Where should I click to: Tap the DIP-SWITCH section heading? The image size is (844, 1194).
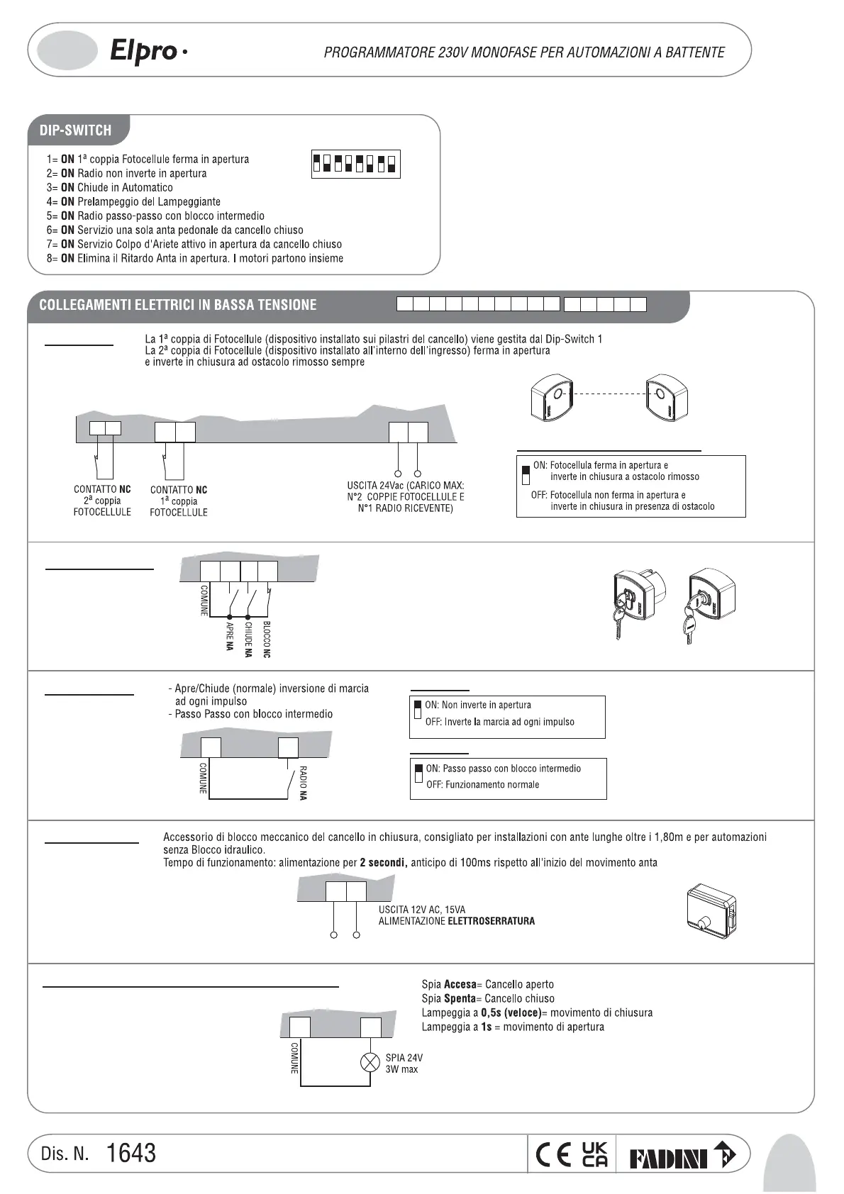point(75,130)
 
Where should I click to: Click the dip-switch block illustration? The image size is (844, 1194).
point(355,164)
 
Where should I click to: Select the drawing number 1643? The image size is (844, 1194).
point(131,1153)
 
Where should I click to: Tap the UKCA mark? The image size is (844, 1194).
point(594,1155)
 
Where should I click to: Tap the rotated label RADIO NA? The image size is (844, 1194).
point(303,783)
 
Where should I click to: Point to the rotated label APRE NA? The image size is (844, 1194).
point(230,636)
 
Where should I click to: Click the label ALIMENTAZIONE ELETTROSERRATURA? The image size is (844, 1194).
point(456,921)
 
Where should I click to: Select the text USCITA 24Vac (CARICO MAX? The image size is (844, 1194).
point(401,486)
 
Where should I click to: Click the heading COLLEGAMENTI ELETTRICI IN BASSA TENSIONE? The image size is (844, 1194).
point(178,305)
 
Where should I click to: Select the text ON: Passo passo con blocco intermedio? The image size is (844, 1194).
point(503,769)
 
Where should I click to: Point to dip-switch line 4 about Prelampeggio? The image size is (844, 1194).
point(134,201)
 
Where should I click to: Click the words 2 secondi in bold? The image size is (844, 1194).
point(383,863)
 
